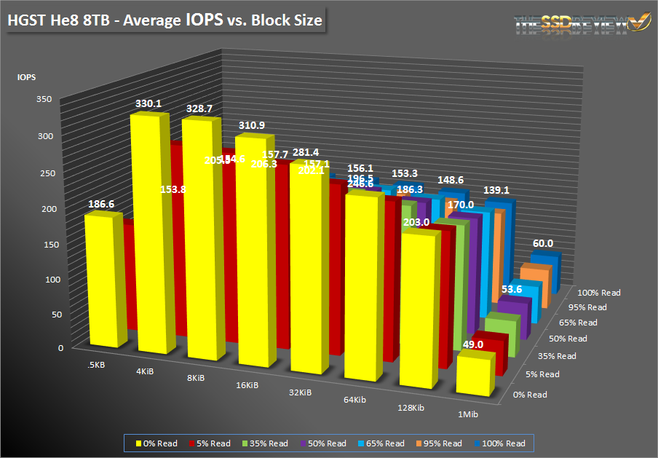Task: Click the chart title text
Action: coord(164,20)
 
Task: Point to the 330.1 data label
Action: coord(148,104)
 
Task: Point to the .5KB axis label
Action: coord(95,364)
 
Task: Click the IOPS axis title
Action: coord(27,76)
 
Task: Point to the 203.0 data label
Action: coord(417,222)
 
